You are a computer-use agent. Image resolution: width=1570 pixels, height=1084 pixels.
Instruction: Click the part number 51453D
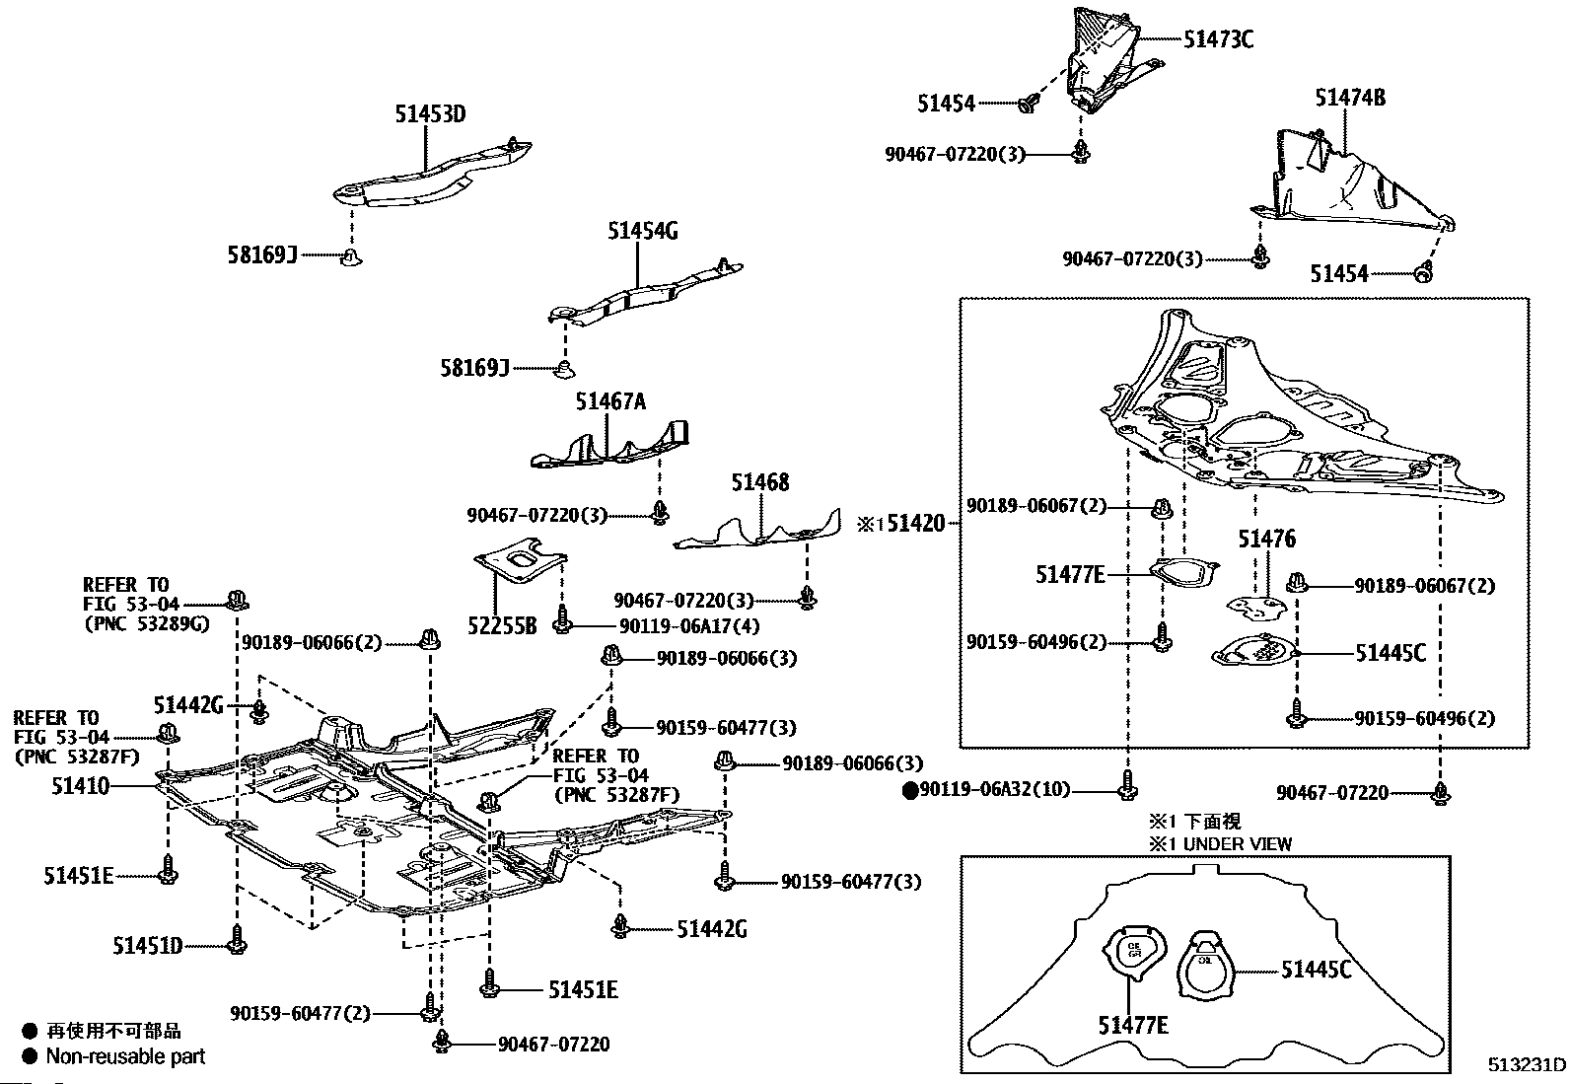(x=430, y=114)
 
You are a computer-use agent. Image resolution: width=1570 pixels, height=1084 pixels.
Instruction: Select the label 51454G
(x=642, y=232)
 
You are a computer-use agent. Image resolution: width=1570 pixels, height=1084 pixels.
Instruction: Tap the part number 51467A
(x=610, y=402)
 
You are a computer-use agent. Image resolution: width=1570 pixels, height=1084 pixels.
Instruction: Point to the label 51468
(x=759, y=483)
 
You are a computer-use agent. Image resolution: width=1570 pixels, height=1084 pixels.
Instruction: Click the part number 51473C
(x=1218, y=39)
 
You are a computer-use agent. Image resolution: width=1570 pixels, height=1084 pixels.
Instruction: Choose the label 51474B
(x=1349, y=98)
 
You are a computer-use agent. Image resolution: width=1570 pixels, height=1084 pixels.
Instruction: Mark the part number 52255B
(x=502, y=625)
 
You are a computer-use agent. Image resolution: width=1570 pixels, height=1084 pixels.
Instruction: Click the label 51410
(x=81, y=786)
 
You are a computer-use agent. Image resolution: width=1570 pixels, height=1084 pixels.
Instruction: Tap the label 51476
(x=1266, y=540)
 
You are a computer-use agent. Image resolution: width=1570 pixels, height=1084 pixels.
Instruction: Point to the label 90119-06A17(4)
(x=689, y=625)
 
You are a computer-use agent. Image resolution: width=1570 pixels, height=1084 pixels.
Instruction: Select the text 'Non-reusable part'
(x=126, y=1056)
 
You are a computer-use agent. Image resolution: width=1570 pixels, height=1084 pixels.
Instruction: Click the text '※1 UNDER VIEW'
(x=1219, y=844)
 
